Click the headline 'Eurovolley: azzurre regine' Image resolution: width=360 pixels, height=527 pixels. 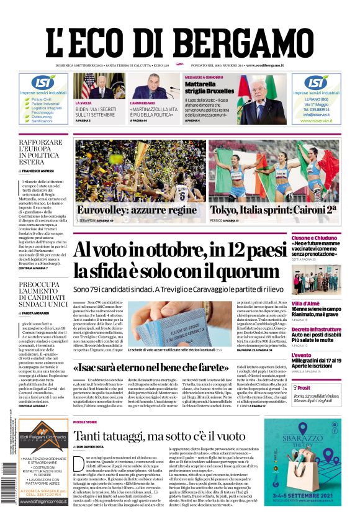coord(136,210)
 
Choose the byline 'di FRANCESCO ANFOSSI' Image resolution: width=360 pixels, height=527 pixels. coord(41,170)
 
